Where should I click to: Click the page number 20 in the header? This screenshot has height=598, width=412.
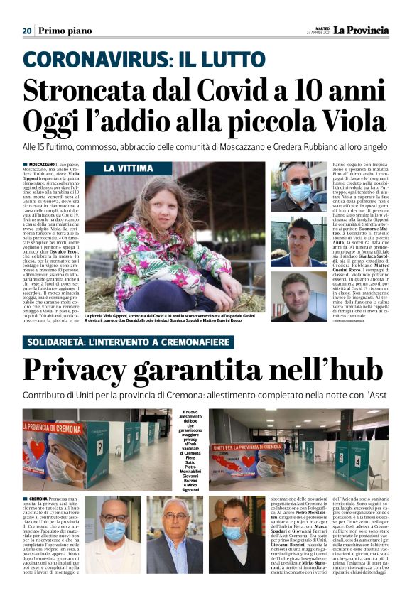pos(27,31)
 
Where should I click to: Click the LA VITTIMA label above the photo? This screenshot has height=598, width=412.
pos(126,168)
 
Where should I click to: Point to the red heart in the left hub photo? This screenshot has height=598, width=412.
pos(38,448)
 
